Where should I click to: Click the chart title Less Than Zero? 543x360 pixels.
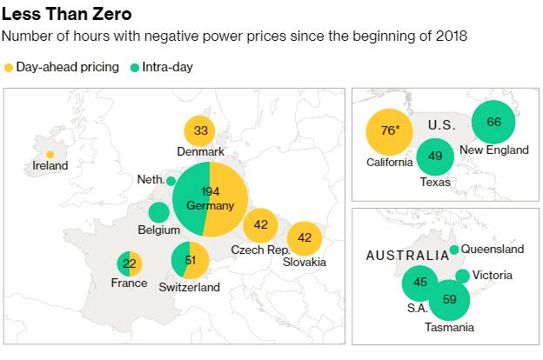point(68,14)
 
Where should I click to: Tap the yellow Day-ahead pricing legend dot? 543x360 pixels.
point(9,67)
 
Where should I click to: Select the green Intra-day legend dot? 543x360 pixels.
point(134,67)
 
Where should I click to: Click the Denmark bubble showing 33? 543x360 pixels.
point(201,131)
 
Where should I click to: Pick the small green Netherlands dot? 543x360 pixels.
point(171,181)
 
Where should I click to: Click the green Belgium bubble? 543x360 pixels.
point(158,212)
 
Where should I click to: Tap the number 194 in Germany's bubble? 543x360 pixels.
point(211,190)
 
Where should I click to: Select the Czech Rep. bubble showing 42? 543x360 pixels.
point(260,225)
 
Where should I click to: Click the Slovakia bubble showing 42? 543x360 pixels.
point(305,237)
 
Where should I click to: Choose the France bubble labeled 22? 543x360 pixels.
point(130,263)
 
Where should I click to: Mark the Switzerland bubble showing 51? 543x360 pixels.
point(190,261)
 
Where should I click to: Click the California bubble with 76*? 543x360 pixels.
point(389,131)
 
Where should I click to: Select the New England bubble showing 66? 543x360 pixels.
point(493,122)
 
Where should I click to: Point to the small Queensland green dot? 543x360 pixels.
point(454,250)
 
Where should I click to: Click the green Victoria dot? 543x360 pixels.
point(462,276)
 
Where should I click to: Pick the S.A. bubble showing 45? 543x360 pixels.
point(420,282)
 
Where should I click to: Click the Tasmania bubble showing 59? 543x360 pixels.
point(449,299)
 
